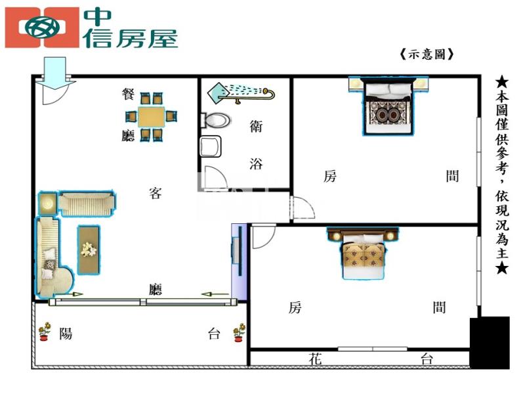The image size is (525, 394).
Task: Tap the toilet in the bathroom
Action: (215, 120)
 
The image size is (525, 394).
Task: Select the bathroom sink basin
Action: (210, 146)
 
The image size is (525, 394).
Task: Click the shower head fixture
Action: (241, 93)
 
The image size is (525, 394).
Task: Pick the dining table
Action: (152, 117)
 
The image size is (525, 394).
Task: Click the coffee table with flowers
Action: (89, 250)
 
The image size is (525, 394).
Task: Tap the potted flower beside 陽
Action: (44, 332)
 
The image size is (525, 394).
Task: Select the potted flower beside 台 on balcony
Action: (239, 332)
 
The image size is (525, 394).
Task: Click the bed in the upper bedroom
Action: (388, 106)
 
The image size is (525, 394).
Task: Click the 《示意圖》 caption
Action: (427, 55)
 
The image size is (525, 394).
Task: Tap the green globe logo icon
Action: (42, 28)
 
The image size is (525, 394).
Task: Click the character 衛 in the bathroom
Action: (256, 126)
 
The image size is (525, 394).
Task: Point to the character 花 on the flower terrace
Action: (316, 359)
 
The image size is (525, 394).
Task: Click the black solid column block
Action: (490, 342)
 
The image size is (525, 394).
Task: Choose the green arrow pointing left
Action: (215, 294)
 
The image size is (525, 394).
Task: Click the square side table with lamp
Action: (48, 203)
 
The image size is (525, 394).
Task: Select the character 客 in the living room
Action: (156, 193)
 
